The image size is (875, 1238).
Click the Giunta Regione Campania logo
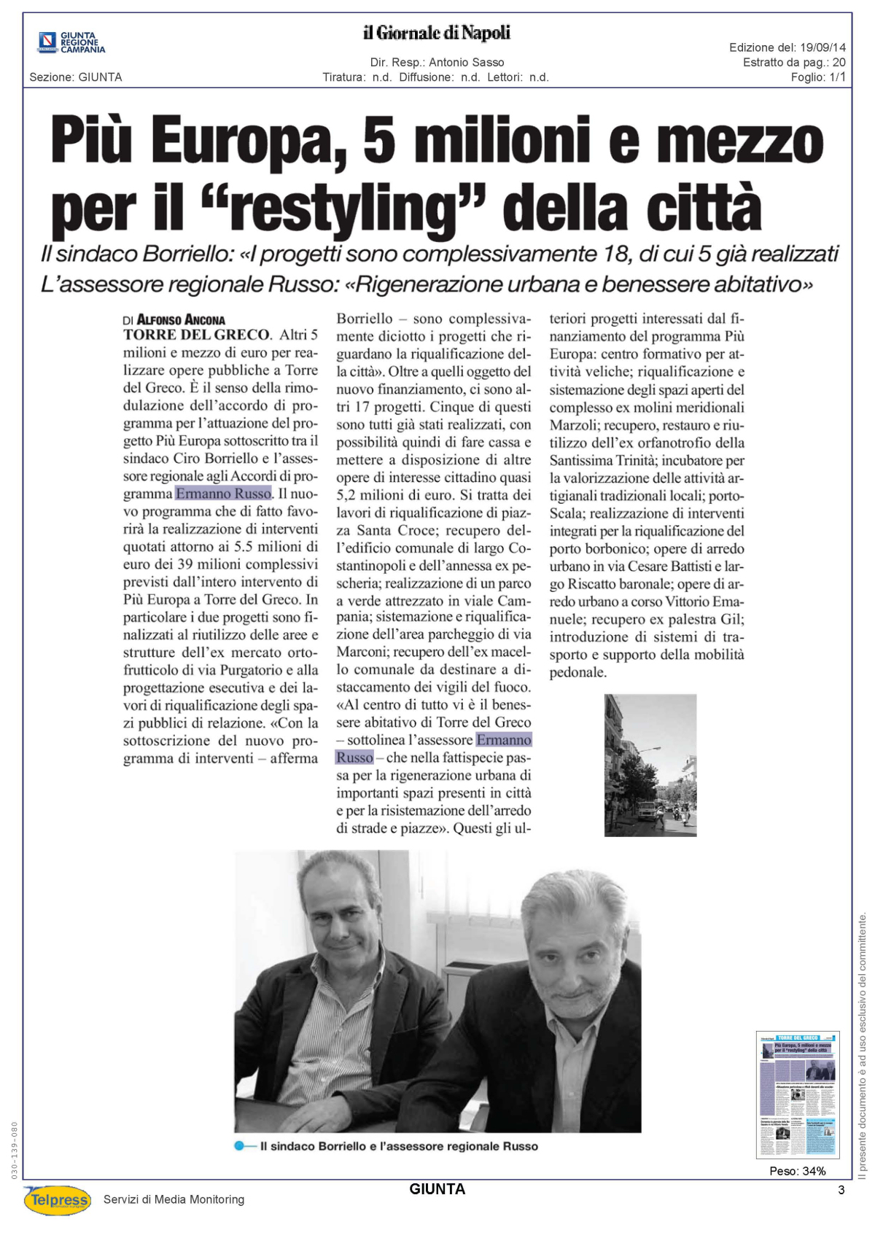(71, 42)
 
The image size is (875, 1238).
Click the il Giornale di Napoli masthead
(437, 33)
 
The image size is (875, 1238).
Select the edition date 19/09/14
(822, 47)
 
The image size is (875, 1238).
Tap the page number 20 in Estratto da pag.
(839, 63)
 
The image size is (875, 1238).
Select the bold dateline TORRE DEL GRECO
(196, 335)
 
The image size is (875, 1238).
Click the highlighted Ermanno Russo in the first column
(223, 494)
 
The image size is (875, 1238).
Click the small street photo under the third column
(650, 765)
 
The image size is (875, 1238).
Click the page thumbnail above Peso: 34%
(797, 1094)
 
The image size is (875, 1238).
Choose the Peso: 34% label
(797, 1172)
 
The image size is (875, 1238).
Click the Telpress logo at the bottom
(58, 1199)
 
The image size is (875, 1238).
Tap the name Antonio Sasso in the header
(466, 63)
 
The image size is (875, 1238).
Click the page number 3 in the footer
(841, 1191)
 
